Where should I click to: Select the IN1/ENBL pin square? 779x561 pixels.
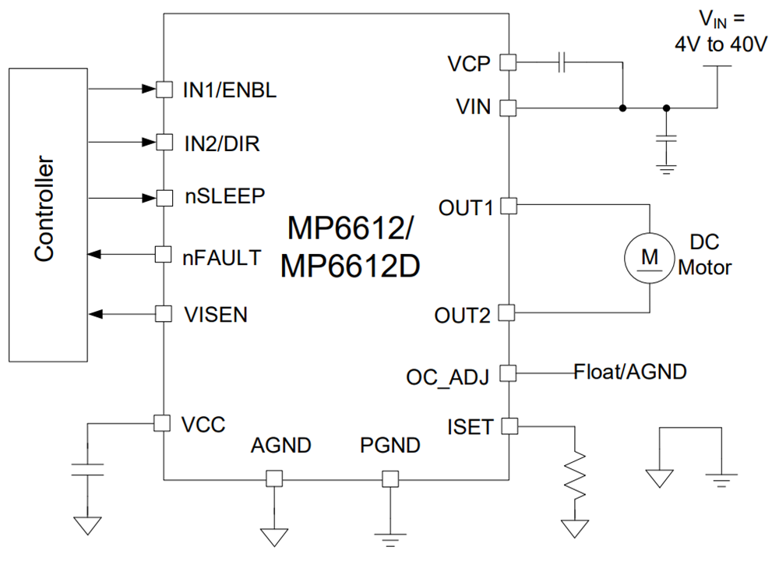point(164,90)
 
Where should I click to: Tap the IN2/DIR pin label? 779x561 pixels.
point(221,143)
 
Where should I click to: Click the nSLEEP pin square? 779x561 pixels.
point(164,197)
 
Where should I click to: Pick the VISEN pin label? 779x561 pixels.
point(216,315)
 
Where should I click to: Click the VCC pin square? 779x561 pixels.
point(163,423)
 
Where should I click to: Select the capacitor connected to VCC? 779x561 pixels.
point(87,468)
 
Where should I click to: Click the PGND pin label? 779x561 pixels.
point(390,446)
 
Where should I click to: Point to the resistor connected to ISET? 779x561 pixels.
point(577,477)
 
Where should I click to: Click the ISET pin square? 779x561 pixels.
point(508,426)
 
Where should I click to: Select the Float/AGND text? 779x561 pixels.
point(630,372)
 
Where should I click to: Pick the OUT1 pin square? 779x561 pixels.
point(508,206)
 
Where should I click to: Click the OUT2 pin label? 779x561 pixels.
point(463,316)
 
